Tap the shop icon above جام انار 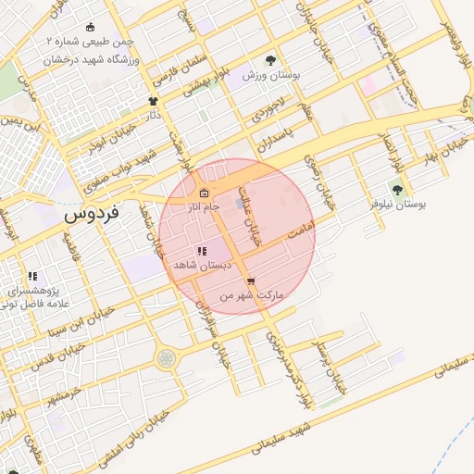click(204, 193)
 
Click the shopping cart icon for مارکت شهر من click(250, 281)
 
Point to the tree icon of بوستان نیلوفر click(397, 190)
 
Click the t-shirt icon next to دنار click(153, 101)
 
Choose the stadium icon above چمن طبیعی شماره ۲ click(89, 28)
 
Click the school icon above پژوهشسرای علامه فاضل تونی click(32, 276)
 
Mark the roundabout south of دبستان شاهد click(166, 358)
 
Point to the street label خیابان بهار click(439, 147)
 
